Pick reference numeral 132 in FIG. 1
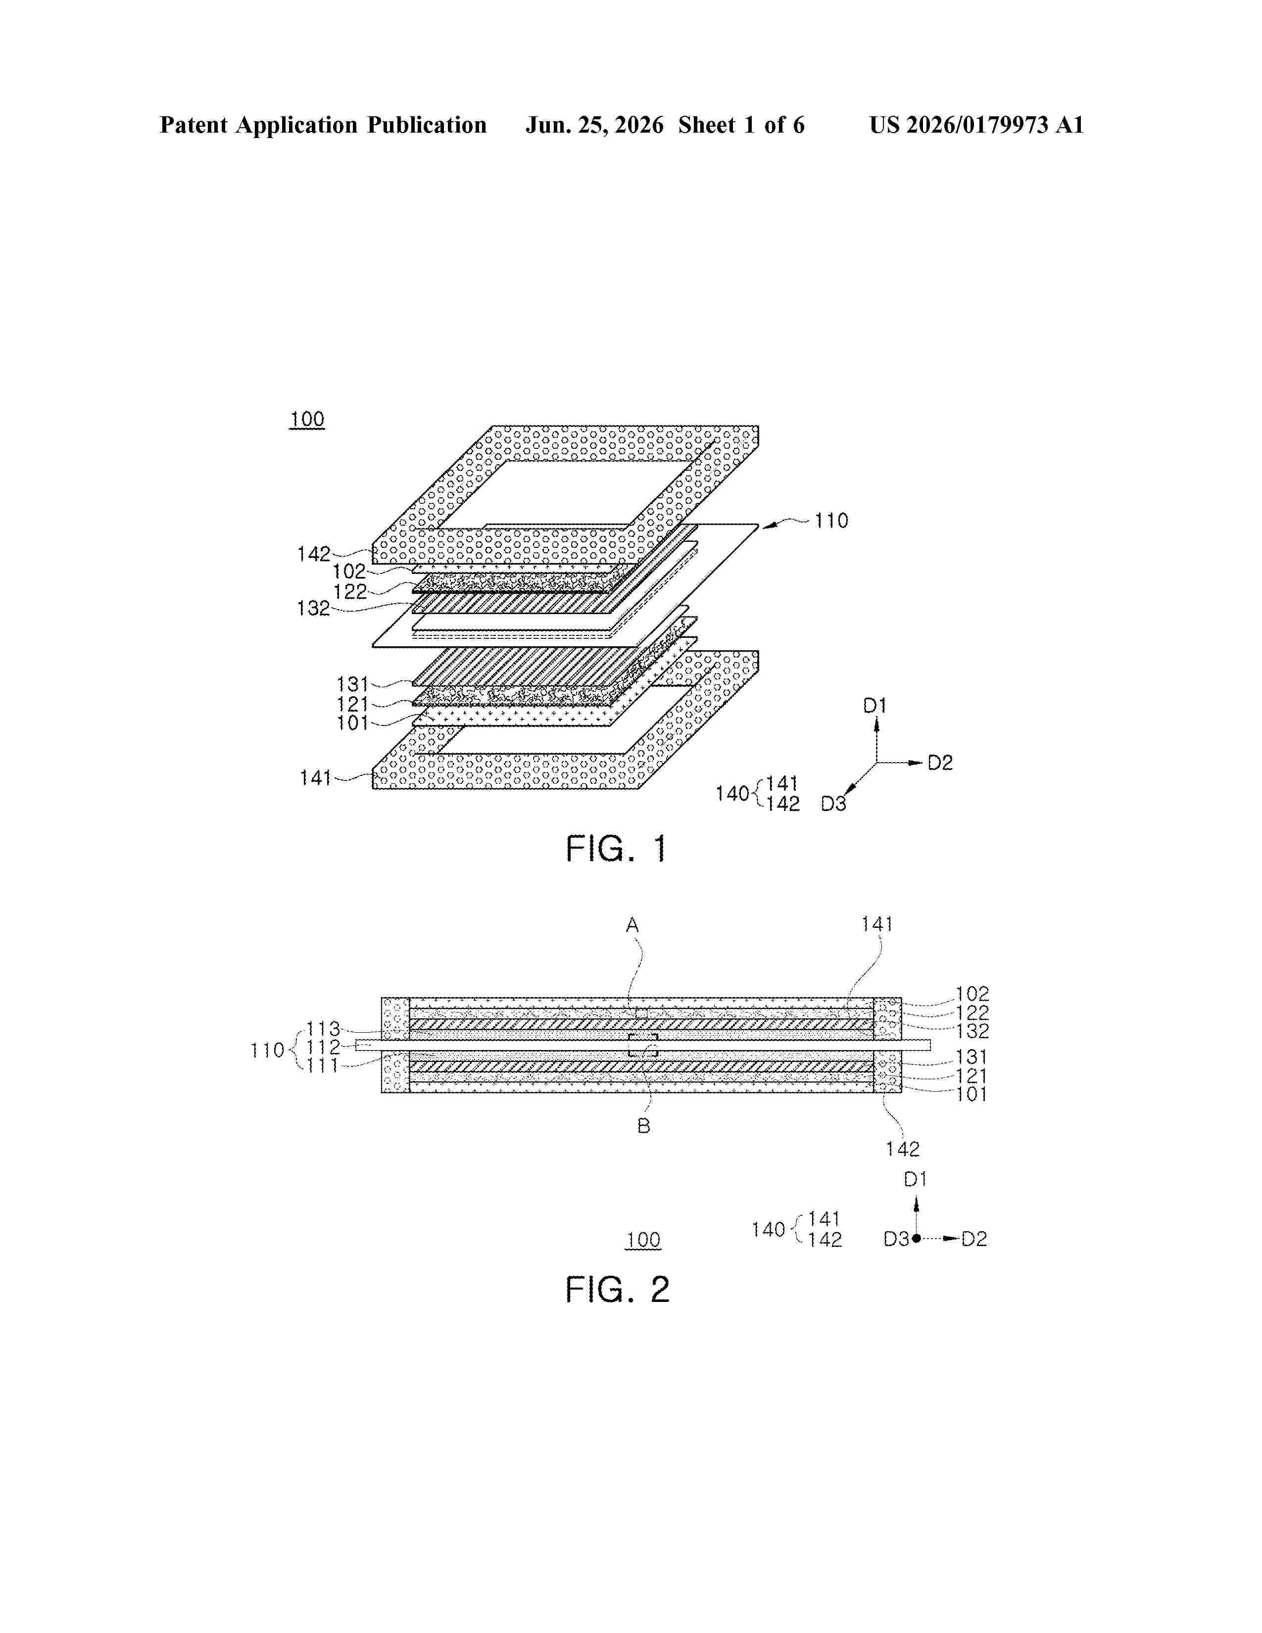313,609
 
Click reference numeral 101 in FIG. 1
352,723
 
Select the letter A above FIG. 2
632,926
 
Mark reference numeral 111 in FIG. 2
323,1065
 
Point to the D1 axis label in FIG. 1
874,705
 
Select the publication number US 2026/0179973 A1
976,125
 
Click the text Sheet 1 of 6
742,125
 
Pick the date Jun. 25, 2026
594,125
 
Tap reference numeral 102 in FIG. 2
972,995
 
